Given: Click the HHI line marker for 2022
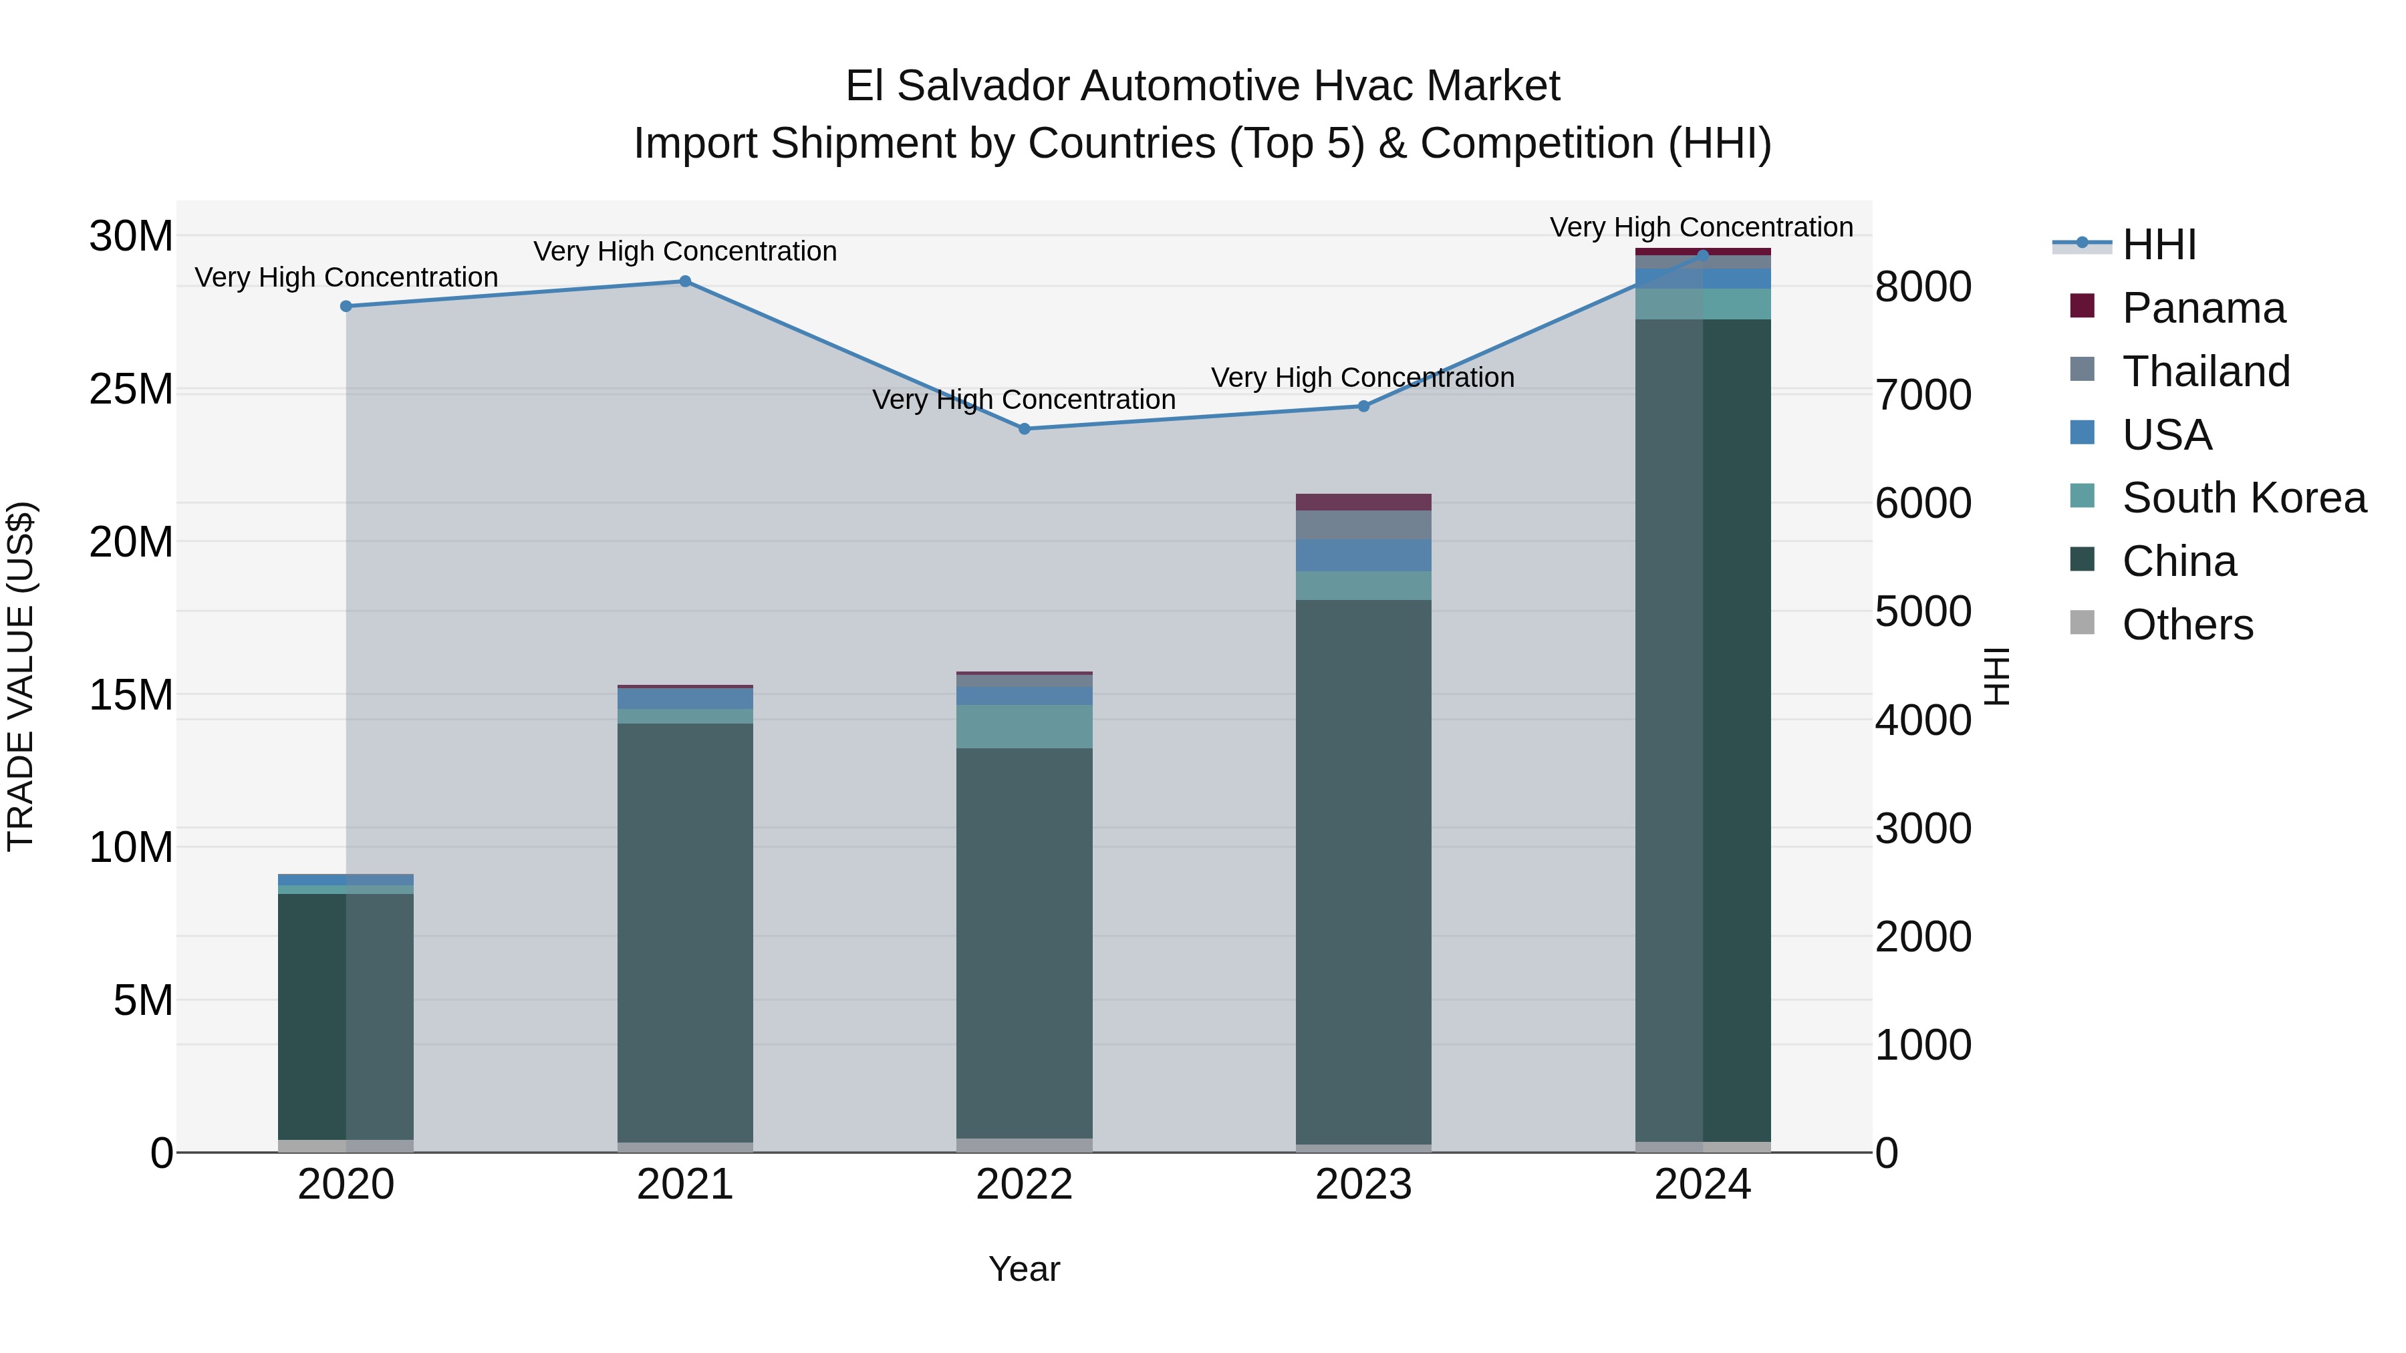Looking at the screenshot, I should coord(1024,428).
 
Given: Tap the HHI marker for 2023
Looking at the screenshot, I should coord(1363,406).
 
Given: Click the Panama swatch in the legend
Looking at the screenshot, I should coord(2082,306).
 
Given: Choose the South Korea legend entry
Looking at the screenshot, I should coord(2244,498).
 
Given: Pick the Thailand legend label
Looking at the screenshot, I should coord(2206,371).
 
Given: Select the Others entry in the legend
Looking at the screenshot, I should coord(2187,625).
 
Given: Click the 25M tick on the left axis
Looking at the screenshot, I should coord(131,390).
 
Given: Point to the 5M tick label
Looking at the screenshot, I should coord(143,1001).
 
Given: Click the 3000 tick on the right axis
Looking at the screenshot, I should coord(1922,829).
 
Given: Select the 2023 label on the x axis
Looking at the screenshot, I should coord(1363,1185).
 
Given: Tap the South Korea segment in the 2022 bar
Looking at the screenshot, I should coord(1024,726).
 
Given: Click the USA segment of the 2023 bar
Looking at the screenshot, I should coord(1363,556).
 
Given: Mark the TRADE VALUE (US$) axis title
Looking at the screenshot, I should coord(21,676).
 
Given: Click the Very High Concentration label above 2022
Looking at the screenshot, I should coord(1024,400).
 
